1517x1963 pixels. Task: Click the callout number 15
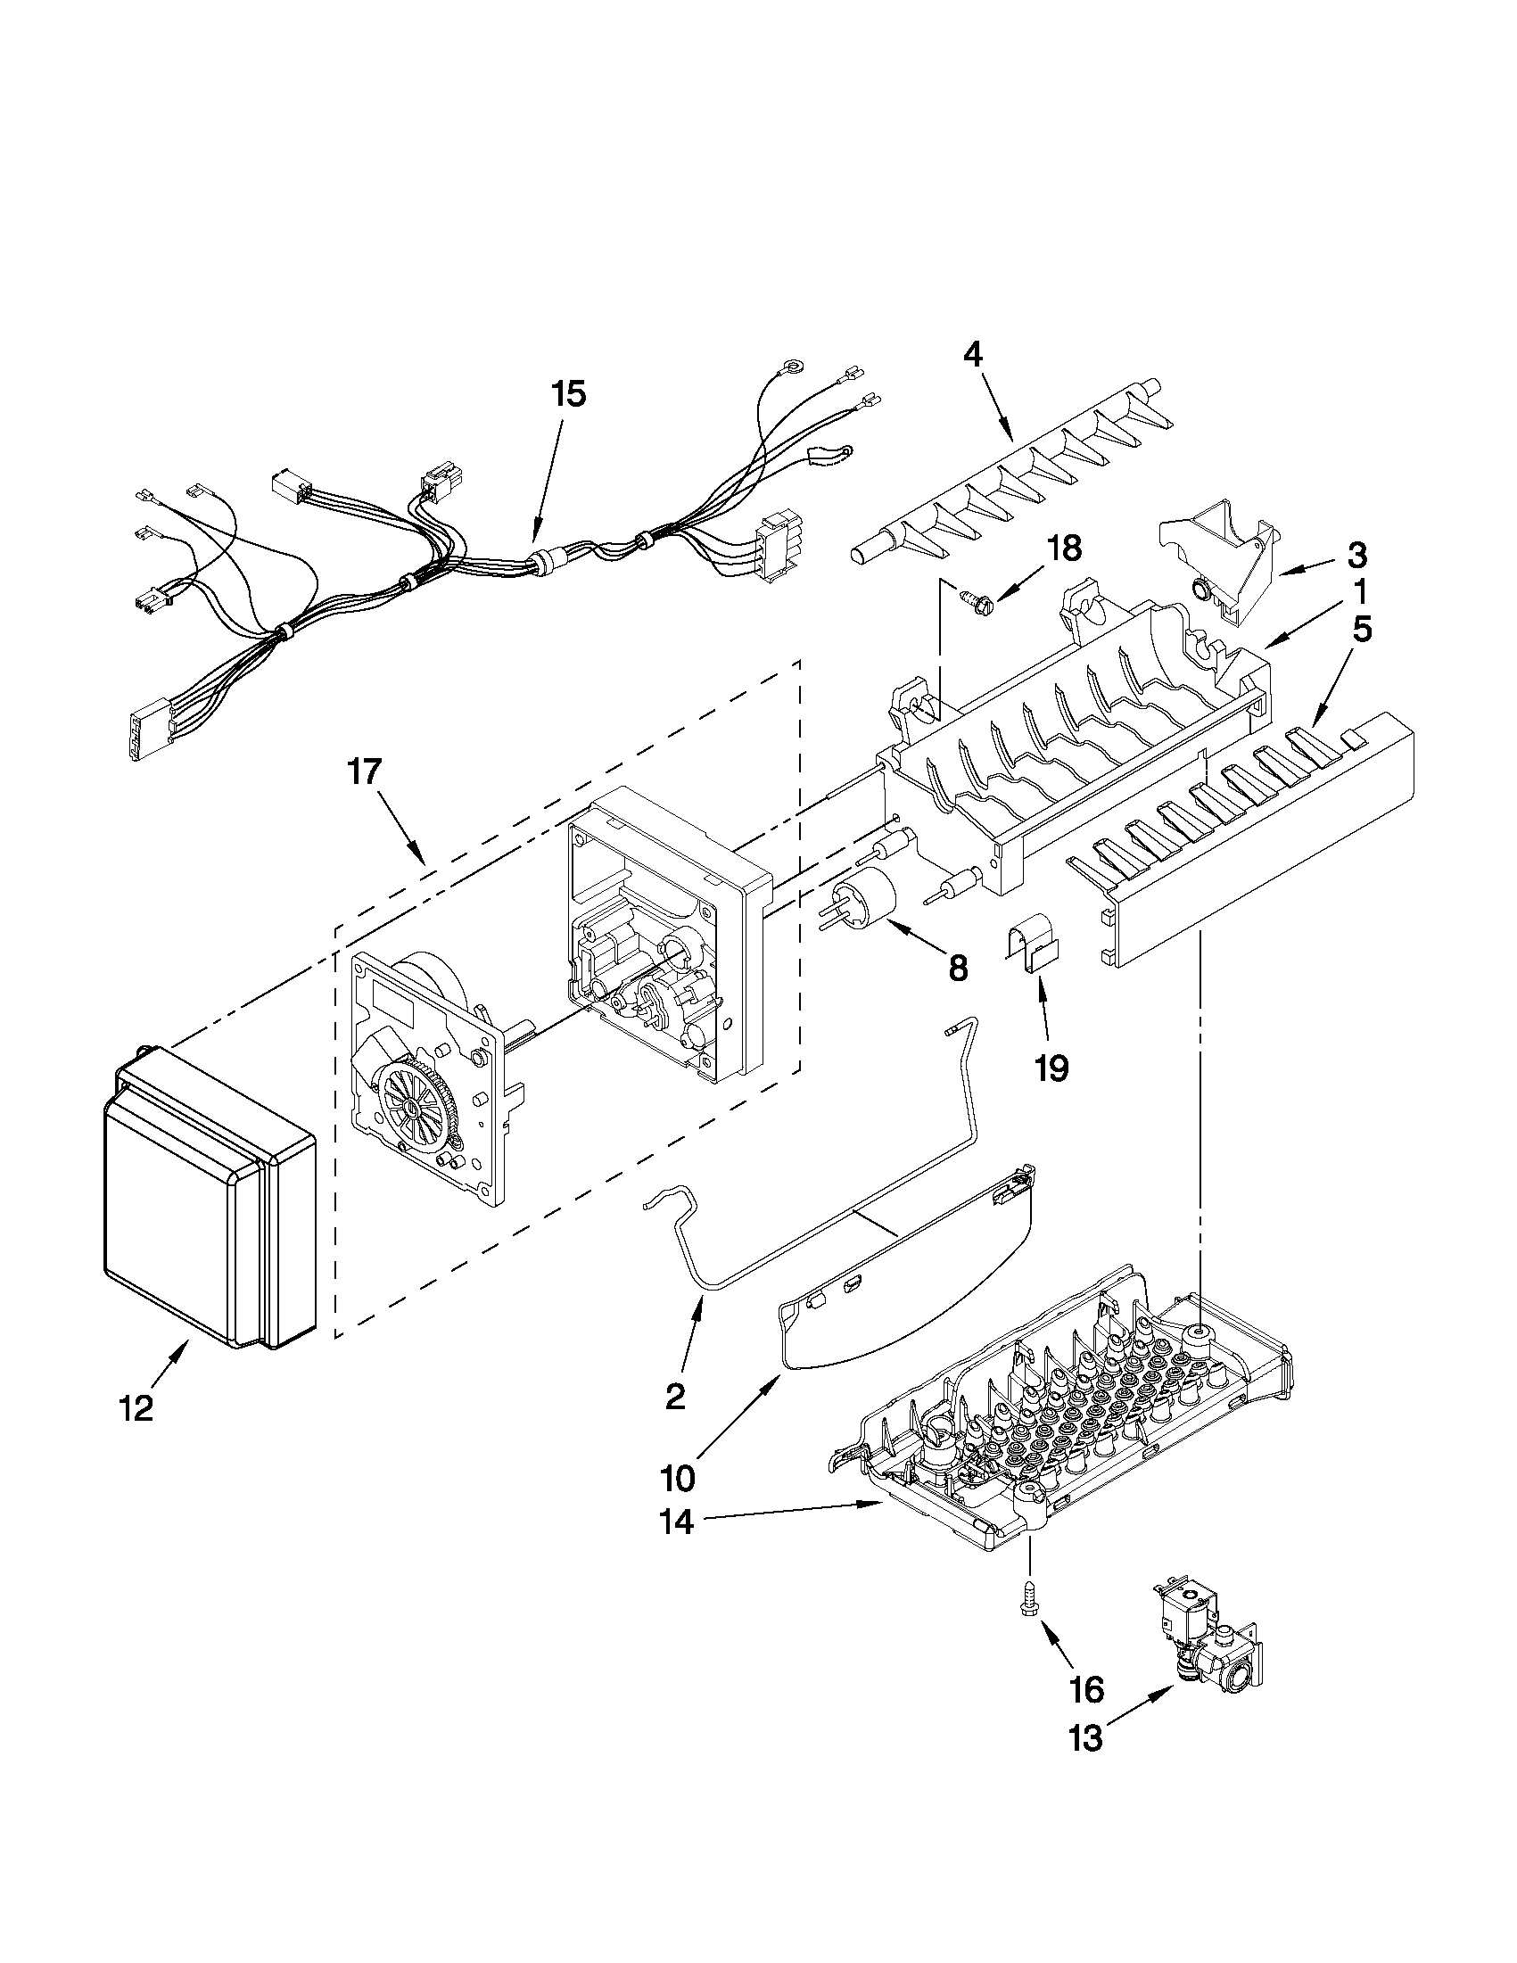tap(568, 394)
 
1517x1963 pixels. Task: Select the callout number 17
tap(366, 771)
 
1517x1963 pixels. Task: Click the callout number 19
tap(1051, 1068)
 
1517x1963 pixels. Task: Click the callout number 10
tap(678, 1477)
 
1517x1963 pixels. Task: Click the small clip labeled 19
tap(1032, 945)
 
